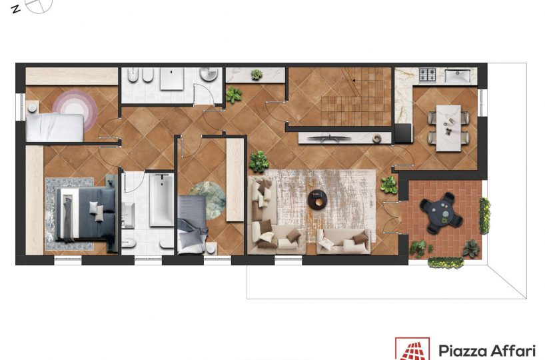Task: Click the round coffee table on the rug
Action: point(317,199)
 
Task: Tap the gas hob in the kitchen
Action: point(427,75)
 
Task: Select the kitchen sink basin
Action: point(458,76)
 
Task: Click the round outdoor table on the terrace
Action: point(441,213)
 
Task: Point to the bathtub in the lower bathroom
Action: point(162,199)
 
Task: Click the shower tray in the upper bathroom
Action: point(172,79)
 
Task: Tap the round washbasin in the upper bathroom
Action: point(209,74)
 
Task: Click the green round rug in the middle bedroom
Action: point(208,201)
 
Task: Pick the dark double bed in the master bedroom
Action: point(86,213)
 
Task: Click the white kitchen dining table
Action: point(448,127)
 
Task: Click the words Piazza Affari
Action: point(486,351)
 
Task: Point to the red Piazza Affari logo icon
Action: point(412,349)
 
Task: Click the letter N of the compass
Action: point(15,9)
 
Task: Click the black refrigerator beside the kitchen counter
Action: point(403,133)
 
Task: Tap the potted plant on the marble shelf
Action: point(257,75)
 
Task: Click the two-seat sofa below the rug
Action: point(343,241)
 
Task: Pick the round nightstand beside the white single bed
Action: point(33,107)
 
